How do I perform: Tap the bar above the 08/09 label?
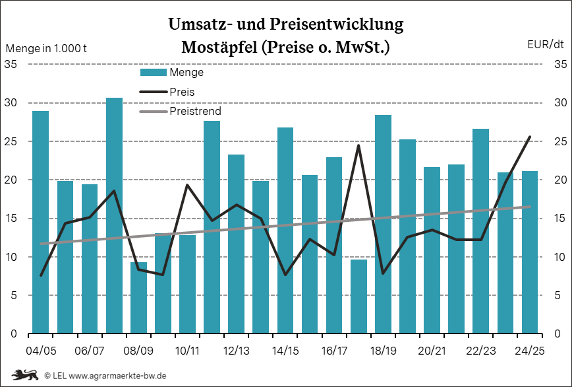point(138,298)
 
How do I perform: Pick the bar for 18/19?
point(383,225)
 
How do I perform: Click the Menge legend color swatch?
point(153,73)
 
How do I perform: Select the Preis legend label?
point(182,92)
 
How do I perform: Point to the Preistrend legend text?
point(195,111)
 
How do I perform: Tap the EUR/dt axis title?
point(546,45)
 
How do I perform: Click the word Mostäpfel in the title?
point(221,48)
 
